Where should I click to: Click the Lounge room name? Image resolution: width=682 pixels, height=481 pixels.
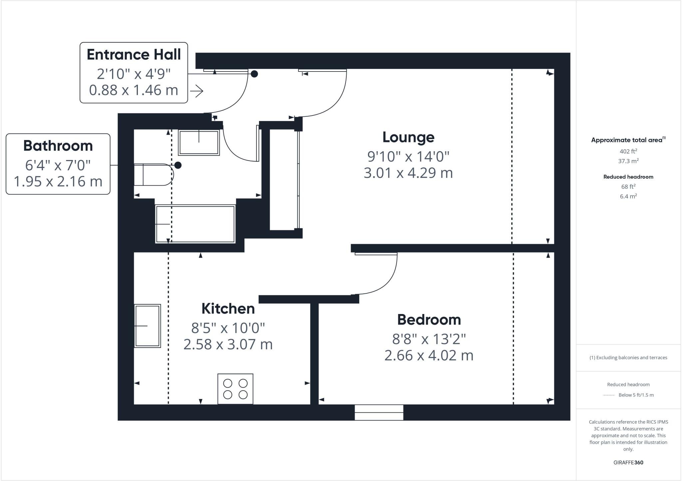(x=408, y=137)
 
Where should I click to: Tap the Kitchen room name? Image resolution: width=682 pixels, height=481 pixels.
(x=228, y=309)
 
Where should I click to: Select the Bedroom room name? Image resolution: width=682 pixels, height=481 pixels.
(x=429, y=320)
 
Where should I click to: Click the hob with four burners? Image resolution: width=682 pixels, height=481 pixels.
(x=235, y=389)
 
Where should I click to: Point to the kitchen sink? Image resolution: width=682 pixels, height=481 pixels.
(x=148, y=326)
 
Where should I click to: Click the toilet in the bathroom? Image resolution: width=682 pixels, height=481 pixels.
(x=153, y=174)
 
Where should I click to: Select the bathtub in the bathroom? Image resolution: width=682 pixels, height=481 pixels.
(x=195, y=224)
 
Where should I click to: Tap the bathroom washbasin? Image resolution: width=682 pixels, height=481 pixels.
(x=199, y=143)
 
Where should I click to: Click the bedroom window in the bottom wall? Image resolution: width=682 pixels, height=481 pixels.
(x=379, y=412)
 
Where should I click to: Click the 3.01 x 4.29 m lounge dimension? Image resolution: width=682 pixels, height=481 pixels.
(x=408, y=173)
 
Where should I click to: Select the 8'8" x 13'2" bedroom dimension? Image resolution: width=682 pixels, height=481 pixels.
(x=429, y=339)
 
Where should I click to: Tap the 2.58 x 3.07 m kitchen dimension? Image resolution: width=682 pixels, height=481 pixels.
(x=228, y=344)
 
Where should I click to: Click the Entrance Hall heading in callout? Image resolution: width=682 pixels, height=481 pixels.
(x=134, y=55)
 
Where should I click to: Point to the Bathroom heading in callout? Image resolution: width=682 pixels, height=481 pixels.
(x=58, y=146)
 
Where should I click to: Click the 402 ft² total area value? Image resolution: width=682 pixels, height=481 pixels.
(x=628, y=151)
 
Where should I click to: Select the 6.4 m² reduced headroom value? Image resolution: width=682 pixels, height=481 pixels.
(x=628, y=196)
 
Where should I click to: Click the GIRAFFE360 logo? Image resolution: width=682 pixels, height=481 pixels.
(x=628, y=462)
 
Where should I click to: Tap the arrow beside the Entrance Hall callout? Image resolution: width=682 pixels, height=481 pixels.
(x=197, y=91)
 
